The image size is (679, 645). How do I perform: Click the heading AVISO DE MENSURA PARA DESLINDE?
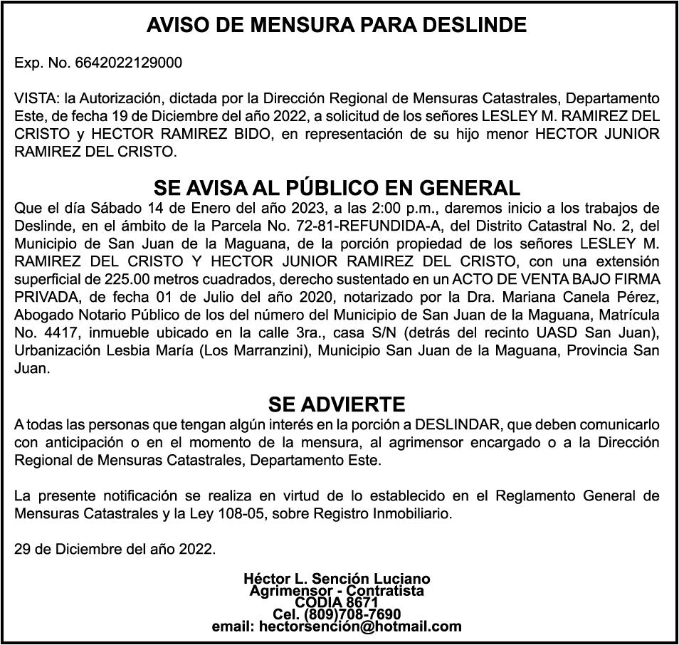click(x=337, y=26)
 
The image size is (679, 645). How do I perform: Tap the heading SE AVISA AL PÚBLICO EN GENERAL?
click(x=337, y=188)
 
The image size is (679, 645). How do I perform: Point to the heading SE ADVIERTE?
click(x=337, y=405)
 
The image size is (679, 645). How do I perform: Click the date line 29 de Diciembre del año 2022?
click(x=115, y=549)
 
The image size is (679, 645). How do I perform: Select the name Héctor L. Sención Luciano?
click(x=337, y=579)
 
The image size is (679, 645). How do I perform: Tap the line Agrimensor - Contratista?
click(x=337, y=591)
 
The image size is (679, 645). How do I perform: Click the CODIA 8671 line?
click(x=337, y=603)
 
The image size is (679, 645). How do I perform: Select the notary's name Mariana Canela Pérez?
click(x=592, y=295)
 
